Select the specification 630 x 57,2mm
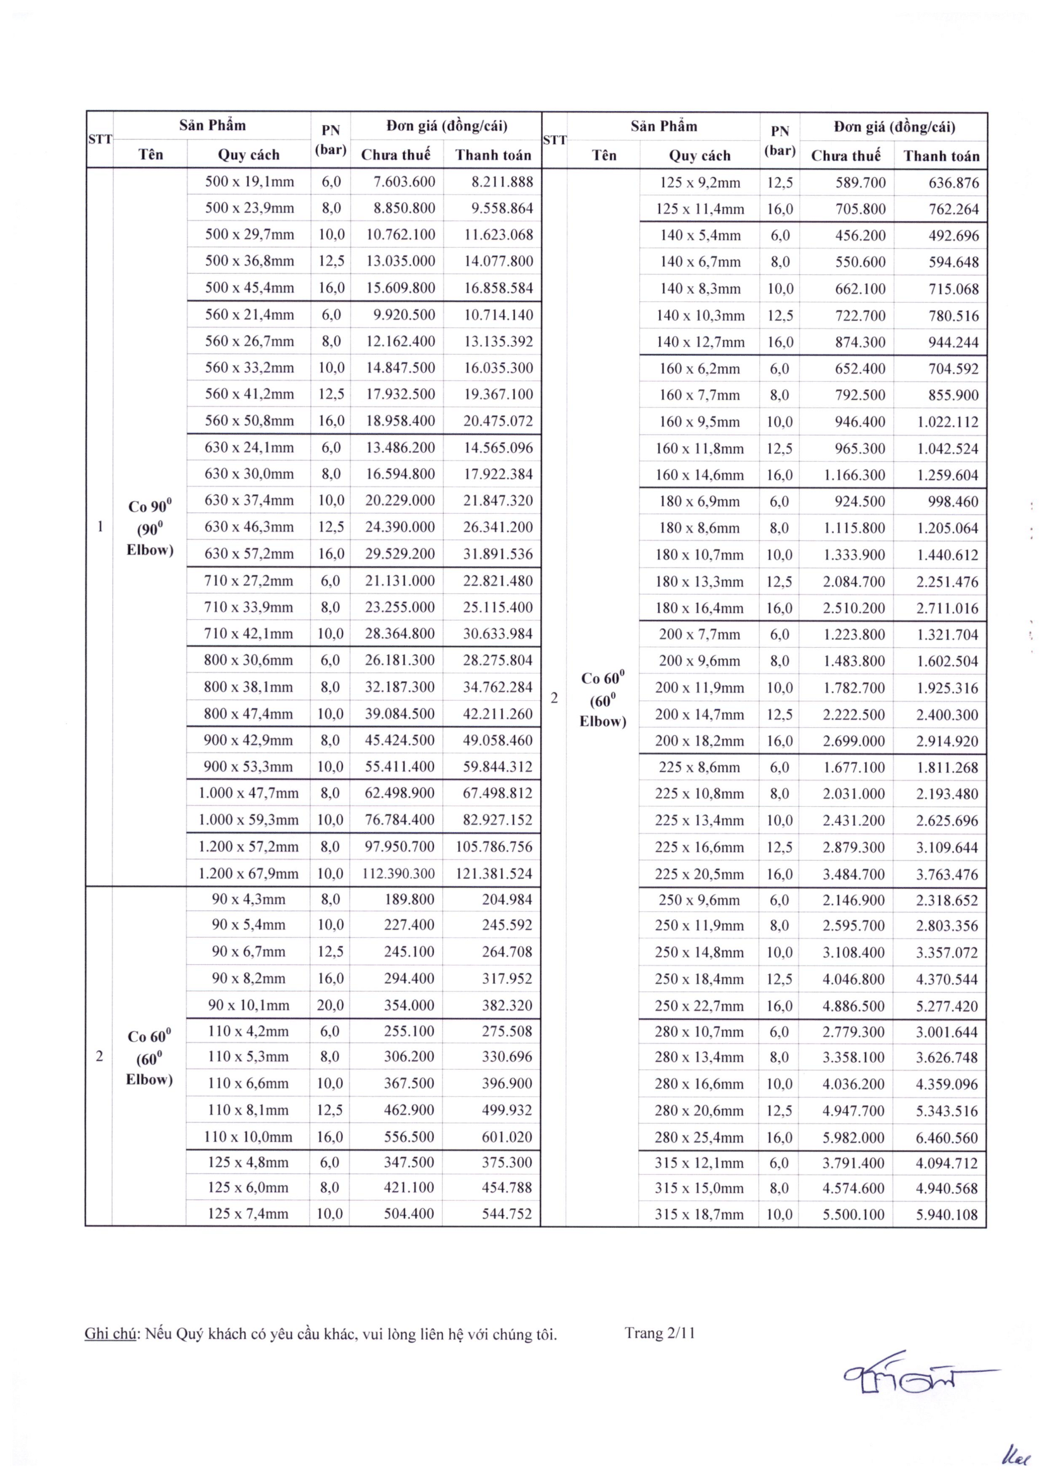[249, 554]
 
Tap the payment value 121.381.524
[493, 873]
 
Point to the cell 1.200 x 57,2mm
[248, 847]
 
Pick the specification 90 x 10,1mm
[248, 1005]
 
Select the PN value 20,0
[330, 1005]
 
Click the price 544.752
[507, 1214]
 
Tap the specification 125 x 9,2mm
[700, 183]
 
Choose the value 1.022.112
[947, 422]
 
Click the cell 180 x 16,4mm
[699, 609]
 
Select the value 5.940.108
[946, 1215]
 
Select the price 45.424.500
[399, 741]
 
